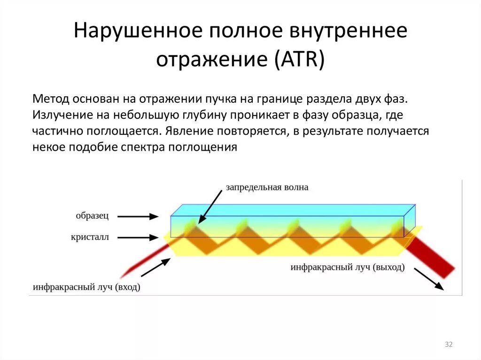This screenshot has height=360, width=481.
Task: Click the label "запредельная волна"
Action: pos(267,188)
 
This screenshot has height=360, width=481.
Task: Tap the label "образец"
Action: pos(93,215)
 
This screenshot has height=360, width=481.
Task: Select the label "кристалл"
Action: pos(90,237)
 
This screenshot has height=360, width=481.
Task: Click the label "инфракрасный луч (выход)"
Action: pos(347,267)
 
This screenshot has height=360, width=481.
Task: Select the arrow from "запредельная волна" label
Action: pos(210,207)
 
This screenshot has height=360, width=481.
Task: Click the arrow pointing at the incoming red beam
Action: pos(155,268)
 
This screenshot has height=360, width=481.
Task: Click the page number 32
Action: pos(448,345)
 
